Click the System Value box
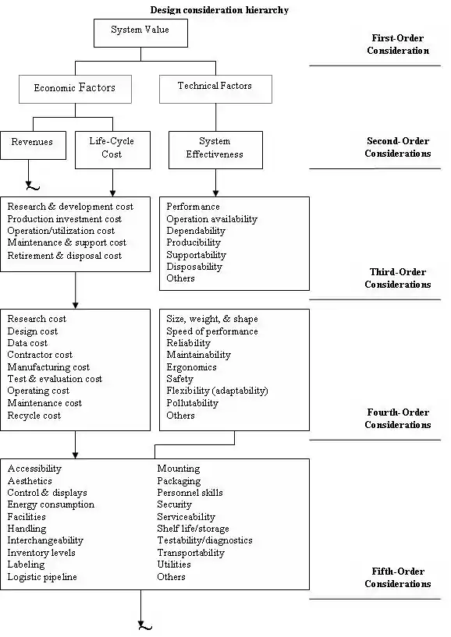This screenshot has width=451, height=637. click(140, 33)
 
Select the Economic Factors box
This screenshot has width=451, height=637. click(75, 89)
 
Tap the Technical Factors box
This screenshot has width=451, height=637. click(215, 89)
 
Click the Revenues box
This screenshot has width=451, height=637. click(33, 145)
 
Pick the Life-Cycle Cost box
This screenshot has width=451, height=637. click(112, 150)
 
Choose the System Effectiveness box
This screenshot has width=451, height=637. click(215, 150)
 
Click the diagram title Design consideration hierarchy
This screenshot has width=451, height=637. click(219, 10)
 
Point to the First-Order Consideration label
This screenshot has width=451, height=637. click(398, 44)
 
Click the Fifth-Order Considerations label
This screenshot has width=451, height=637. click(398, 578)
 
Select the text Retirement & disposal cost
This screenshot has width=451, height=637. click(64, 256)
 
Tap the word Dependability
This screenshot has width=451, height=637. click(196, 231)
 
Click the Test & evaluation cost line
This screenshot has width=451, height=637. click(55, 379)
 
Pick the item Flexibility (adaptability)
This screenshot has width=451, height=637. click(217, 391)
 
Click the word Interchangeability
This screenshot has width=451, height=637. click(45, 541)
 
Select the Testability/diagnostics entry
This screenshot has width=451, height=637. click(204, 541)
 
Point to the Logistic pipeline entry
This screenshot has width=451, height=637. click(42, 577)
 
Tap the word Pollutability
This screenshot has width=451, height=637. click(192, 403)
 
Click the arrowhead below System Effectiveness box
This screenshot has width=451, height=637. click(215, 193)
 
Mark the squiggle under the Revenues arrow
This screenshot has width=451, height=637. click(33, 187)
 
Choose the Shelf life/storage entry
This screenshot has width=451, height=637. click(193, 529)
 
